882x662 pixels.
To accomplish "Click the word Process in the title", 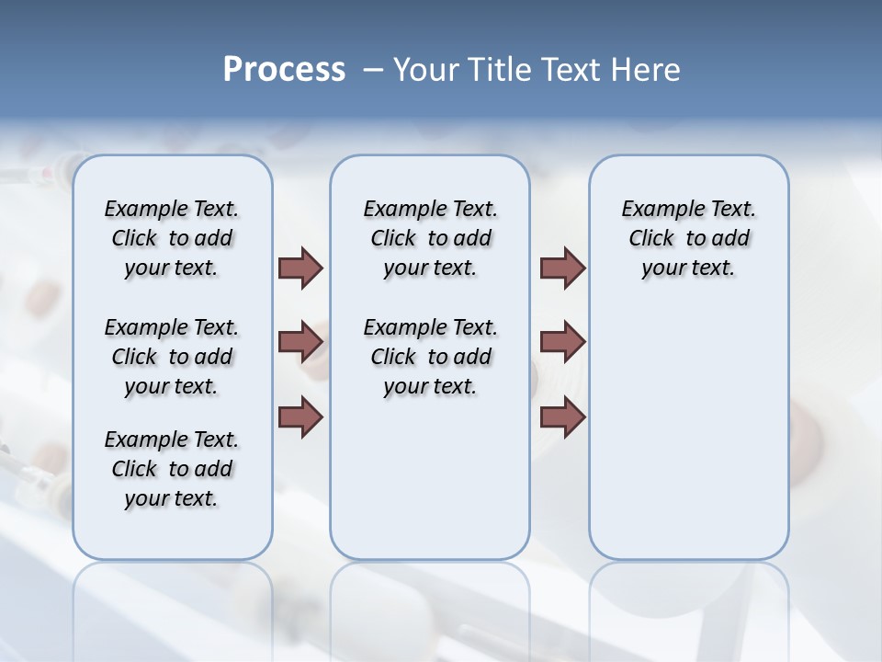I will [x=284, y=70].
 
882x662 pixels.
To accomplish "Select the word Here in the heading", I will [x=646, y=70].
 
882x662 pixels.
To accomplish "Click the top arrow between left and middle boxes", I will [x=300, y=268].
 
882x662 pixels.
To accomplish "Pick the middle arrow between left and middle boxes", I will [x=300, y=343].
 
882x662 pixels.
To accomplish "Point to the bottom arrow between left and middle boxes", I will [x=300, y=418].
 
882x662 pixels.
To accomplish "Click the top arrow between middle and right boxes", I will [x=562, y=268].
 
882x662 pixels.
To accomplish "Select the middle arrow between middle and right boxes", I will [x=562, y=343].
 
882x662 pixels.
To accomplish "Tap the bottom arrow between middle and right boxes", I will [x=562, y=418].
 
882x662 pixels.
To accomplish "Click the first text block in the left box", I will [x=172, y=238].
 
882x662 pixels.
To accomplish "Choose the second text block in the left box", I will [x=172, y=357].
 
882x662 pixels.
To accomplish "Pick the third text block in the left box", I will [x=172, y=469].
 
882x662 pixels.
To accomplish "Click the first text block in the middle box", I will [x=430, y=238].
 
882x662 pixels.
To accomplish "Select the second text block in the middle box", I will [x=430, y=357].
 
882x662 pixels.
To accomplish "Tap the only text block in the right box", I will [x=688, y=238].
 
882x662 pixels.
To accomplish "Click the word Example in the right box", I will [x=653, y=210].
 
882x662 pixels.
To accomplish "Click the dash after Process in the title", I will [x=375, y=70].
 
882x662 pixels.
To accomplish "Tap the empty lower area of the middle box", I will [x=430, y=478].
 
